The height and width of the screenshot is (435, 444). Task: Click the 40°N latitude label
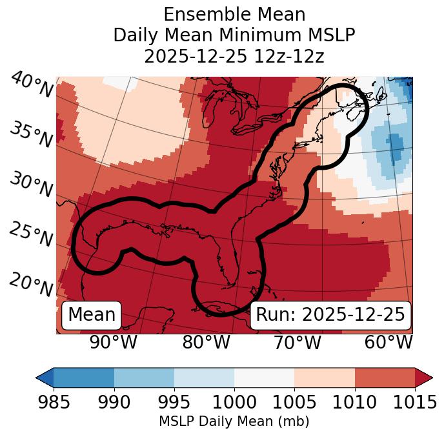(32, 85)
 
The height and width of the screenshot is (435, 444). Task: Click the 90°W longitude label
(114, 342)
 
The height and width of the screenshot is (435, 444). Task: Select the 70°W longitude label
(297, 342)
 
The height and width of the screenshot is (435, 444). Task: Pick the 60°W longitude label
(388, 342)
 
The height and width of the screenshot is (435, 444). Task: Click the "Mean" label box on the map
(92, 315)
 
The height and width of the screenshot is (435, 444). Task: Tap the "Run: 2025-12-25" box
(330, 315)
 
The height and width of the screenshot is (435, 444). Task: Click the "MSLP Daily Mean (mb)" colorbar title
(234, 421)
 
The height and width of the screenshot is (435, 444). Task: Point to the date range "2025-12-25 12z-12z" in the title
(234, 56)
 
